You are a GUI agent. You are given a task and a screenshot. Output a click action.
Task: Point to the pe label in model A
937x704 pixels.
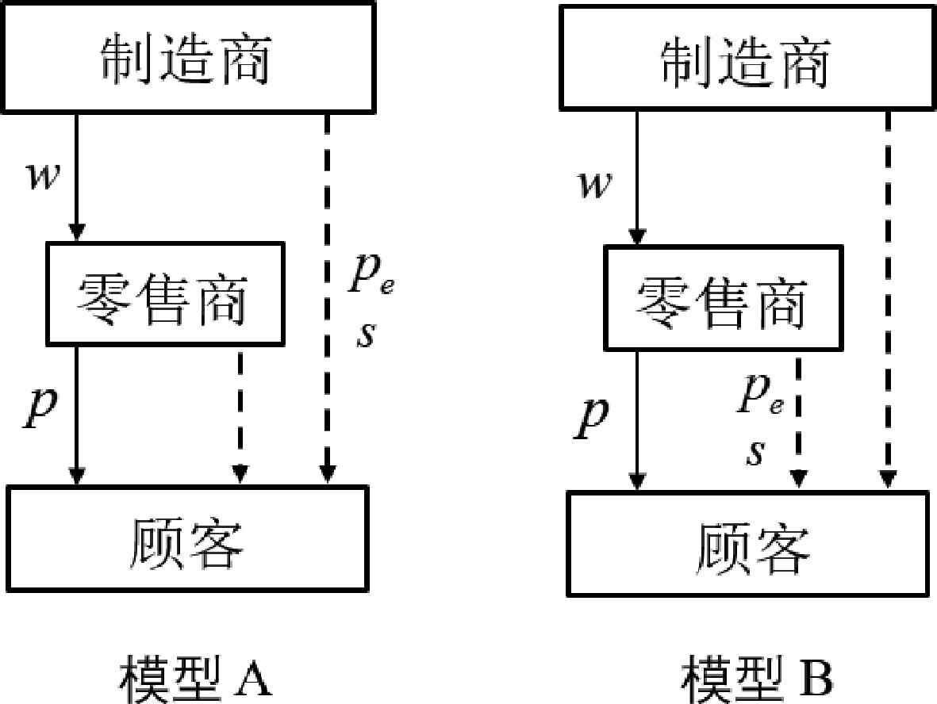(371, 274)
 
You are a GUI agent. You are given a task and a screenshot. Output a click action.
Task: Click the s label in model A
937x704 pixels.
(367, 335)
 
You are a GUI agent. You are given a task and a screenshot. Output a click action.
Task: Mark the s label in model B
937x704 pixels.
(756, 453)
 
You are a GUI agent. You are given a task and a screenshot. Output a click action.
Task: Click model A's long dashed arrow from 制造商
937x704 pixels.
(327, 298)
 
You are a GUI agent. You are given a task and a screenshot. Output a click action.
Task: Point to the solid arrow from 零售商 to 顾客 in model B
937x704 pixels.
(638, 420)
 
